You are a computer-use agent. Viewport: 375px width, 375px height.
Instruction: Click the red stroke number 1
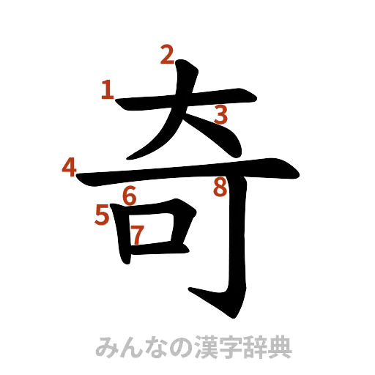pos(108,91)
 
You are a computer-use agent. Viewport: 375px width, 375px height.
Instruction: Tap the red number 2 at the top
pos(167,54)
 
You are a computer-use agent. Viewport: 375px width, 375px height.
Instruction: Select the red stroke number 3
pos(220,114)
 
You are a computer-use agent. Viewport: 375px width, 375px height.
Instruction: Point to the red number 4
pos(70,168)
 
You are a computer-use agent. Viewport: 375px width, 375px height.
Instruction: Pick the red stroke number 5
pos(103,215)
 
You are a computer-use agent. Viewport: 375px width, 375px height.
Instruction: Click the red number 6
pos(129,196)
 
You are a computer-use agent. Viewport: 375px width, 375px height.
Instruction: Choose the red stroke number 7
pos(136,234)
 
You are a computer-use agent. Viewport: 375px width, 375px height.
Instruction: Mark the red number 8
pos(219,188)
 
